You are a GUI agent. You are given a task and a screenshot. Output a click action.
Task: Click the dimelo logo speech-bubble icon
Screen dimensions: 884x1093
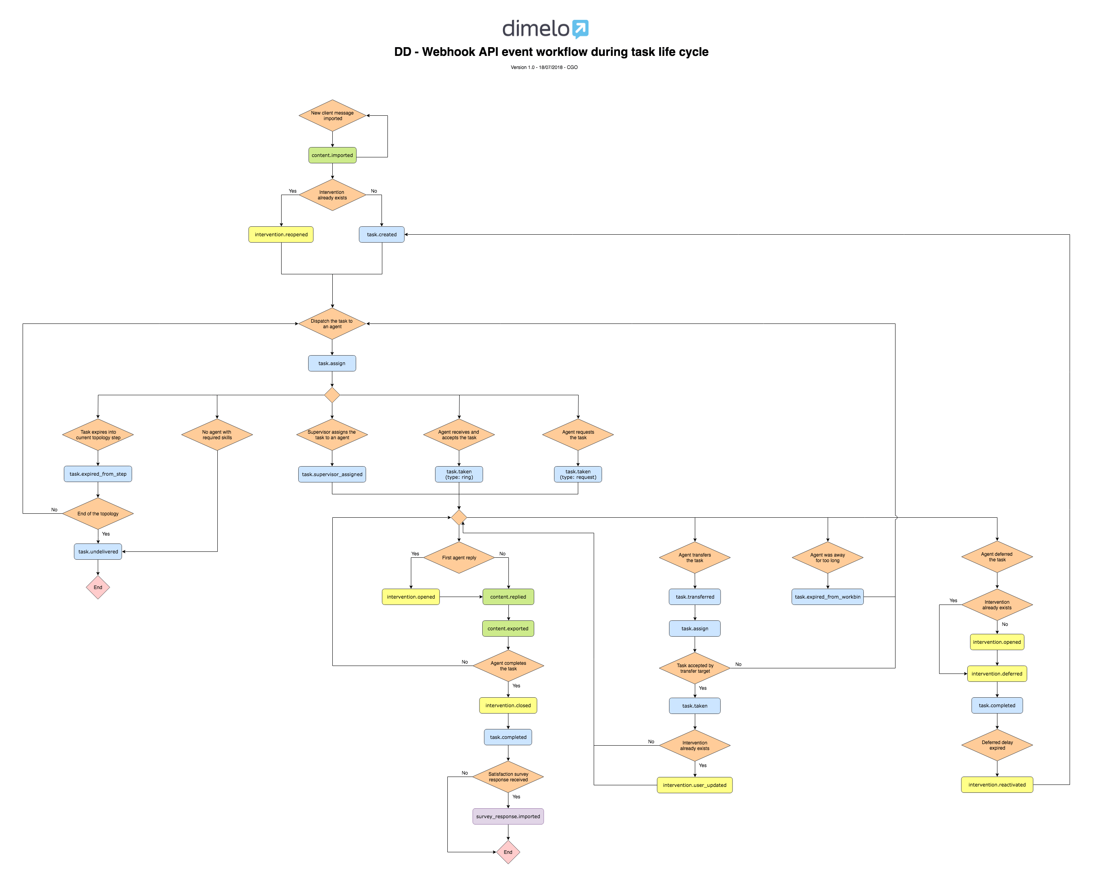(580, 29)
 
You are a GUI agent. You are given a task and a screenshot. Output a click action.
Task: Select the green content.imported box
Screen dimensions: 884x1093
(332, 155)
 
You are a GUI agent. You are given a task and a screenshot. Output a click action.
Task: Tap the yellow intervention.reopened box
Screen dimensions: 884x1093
(281, 234)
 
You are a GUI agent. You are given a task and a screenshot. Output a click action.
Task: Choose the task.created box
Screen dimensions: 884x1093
(382, 234)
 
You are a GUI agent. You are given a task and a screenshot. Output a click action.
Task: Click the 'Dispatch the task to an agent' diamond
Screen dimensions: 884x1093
(332, 324)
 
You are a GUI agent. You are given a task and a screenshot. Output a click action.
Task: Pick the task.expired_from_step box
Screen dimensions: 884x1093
(98, 474)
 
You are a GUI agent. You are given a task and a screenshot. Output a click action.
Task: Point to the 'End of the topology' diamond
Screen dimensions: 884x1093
(98, 514)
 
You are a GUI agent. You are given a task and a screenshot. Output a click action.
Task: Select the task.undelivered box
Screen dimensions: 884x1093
(98, 551)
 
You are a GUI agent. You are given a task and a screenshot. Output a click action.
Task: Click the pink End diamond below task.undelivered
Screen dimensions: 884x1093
(98, 587)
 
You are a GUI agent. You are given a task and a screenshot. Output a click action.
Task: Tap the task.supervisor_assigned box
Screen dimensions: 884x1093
(332, 474)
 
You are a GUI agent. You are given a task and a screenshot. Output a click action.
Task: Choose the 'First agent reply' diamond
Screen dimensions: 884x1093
(459, 558)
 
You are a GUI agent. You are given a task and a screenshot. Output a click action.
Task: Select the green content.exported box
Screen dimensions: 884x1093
(508, 628)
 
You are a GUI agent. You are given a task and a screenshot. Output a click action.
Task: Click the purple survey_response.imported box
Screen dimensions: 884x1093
(508, 816)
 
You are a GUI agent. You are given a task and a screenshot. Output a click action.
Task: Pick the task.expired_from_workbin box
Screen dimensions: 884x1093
(827, 597)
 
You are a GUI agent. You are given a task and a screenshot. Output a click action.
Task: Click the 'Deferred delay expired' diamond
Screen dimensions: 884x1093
(997, 745)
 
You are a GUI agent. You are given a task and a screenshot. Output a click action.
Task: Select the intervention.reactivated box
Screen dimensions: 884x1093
(997, 785)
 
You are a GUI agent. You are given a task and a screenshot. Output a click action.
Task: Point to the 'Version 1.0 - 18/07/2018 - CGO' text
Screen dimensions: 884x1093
(544, 67)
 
